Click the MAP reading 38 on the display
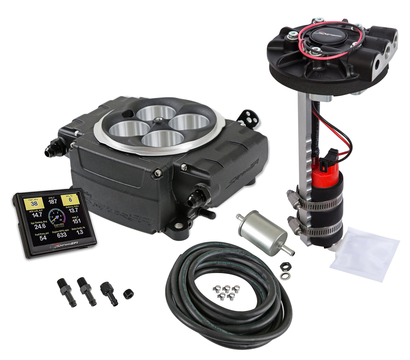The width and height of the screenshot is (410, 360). tap(34, 203)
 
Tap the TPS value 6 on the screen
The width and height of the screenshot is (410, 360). tap(70, 200)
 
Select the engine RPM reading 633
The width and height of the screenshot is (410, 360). tap(62, 235)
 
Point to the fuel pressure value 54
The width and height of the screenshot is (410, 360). tap(43, 238)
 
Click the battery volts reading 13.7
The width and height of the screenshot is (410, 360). tap(73, 210)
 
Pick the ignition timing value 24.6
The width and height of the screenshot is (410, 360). tap(40, 226)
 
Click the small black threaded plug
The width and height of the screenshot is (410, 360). tap(129, 294)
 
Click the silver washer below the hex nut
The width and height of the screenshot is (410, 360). tap(283, 275)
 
